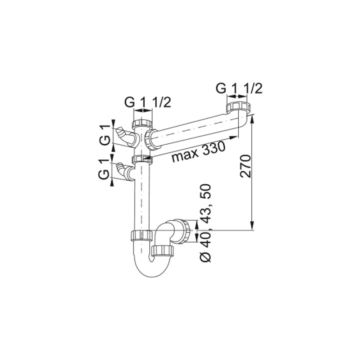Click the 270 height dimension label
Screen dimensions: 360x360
(245, 166)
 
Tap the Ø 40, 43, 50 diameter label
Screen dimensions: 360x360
(206, 223)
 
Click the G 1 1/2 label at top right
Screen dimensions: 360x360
(239, 88)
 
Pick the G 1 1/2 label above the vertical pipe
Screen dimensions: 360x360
(147, 103)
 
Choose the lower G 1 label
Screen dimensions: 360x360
(104, 170)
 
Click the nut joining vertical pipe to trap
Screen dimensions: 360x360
(141, 235)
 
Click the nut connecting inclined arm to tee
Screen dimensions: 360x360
(151, 139)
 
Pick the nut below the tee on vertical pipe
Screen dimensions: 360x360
(142, 159)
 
